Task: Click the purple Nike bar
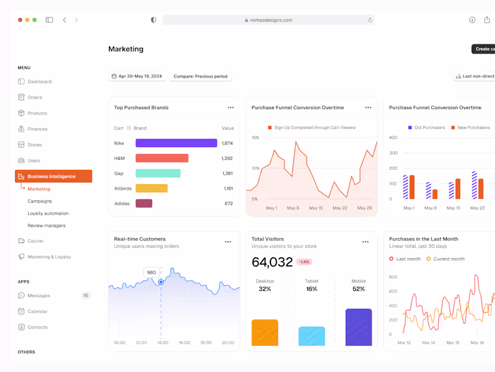coord(176,143)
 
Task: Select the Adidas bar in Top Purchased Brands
coord(144,203)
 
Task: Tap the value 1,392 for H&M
coord(227,158)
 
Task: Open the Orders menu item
coord(35,97)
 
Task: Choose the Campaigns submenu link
coord(40,201)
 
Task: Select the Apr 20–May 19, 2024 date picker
coord(136,76)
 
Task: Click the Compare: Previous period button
coord(200,76)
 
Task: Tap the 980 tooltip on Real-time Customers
coord(151,272)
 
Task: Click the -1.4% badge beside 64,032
coord(304,262)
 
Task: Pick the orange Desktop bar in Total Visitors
coord(265,332)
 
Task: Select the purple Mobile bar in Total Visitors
coord(358,327)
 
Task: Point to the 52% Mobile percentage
coord(358,289)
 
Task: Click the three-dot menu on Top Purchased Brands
coord(231,107)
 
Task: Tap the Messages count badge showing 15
coord(85,296)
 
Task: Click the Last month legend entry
coord(405,259)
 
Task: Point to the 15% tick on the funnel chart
coord(255,138)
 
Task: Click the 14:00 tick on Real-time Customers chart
coord(163,342)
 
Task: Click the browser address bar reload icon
coord(370,20)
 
